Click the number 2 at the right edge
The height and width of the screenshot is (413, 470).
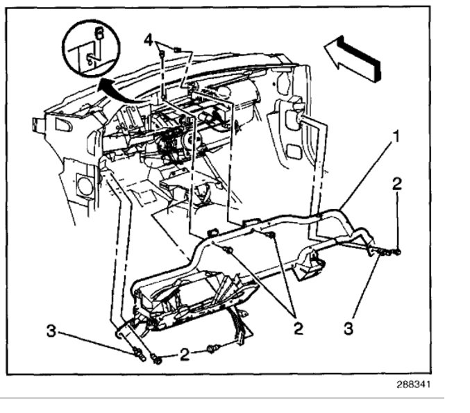click(396, 184)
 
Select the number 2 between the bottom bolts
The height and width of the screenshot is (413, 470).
click(184, 355)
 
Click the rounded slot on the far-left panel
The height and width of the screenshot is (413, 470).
click(63, 126)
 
